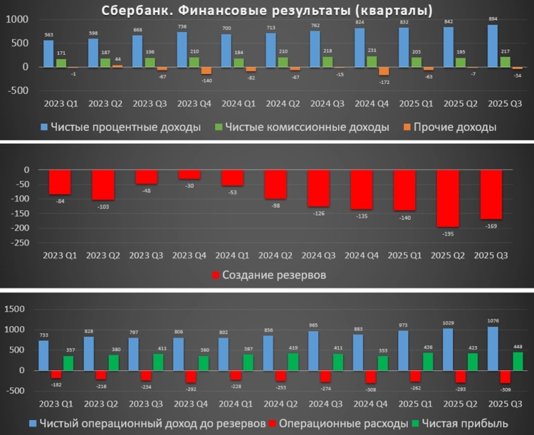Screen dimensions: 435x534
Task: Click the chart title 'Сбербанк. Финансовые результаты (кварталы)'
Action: (x=267, y=10)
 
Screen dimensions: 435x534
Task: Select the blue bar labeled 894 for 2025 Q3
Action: (x=493, y=46)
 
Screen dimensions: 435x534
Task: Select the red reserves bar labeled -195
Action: (x=447, y=198)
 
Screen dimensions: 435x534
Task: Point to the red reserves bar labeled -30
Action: (x=190, y=174)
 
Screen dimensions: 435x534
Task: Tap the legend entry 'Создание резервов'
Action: (x=268, y=274)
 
